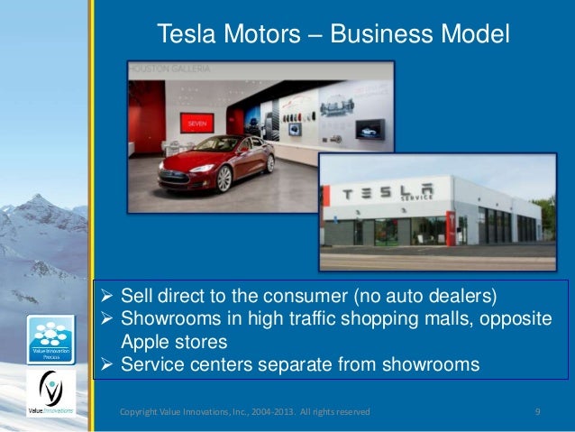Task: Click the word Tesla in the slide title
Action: (187, 34)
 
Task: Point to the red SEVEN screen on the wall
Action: (196, 123)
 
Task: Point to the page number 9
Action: (537, 412)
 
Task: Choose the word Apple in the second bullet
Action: (143, 344)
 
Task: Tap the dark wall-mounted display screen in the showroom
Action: (367, 129)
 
